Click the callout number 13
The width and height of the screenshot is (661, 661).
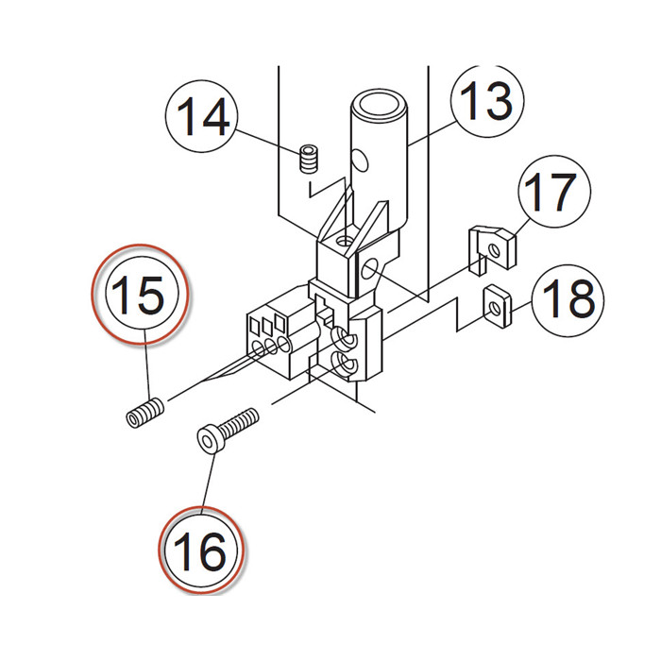[x=486, y=102]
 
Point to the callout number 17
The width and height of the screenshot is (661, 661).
[x=548, y=194]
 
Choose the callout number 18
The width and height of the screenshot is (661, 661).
[x=568, y=299]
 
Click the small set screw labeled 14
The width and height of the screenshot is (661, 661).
[x=306, y=159]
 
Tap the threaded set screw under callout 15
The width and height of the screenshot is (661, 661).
[x=145, y=412]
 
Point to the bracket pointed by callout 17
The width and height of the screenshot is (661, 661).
[x=493, y=246]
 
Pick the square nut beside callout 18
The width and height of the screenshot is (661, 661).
[x=496, y=306]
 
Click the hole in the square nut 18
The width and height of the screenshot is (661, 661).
[x=494, y=304]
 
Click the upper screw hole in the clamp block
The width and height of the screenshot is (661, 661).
[x=344, y=337]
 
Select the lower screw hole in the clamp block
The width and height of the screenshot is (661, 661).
[x=345, y=363]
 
